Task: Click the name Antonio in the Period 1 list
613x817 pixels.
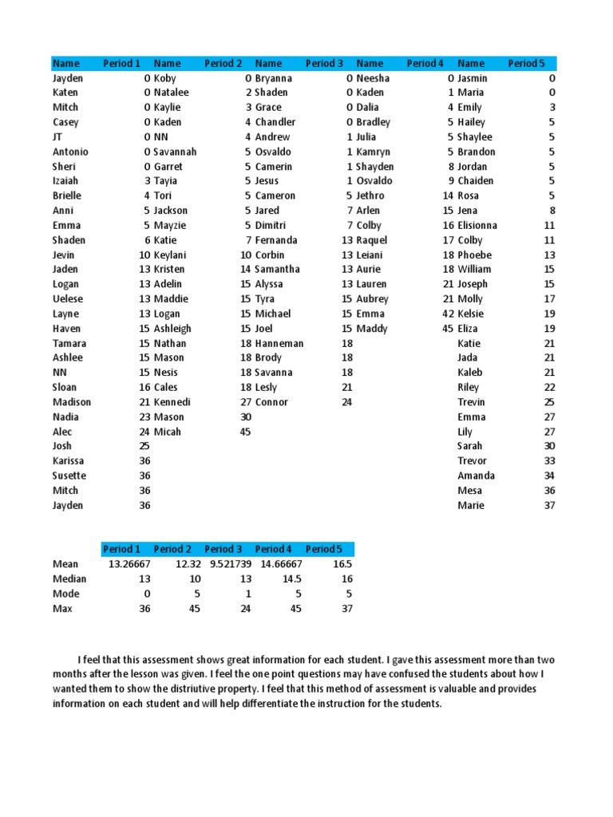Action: pos(70,152)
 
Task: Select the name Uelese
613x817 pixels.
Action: pos(68,299)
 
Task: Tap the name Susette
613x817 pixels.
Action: pos(69,476)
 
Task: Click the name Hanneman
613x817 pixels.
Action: pos(279,343)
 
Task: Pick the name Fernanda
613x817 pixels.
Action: pos(276,240)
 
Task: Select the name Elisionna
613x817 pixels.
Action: pos(477,225)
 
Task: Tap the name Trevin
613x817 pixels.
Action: pos(471,402)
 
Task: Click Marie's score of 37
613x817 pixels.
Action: pos(549,505)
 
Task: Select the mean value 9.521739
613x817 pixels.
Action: pos(224,564)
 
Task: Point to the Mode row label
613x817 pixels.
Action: pos(66,594)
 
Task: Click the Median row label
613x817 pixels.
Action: pos(69,578)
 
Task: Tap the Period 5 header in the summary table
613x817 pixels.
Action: pos(323,549)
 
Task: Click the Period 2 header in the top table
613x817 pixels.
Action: pos(223,63)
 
